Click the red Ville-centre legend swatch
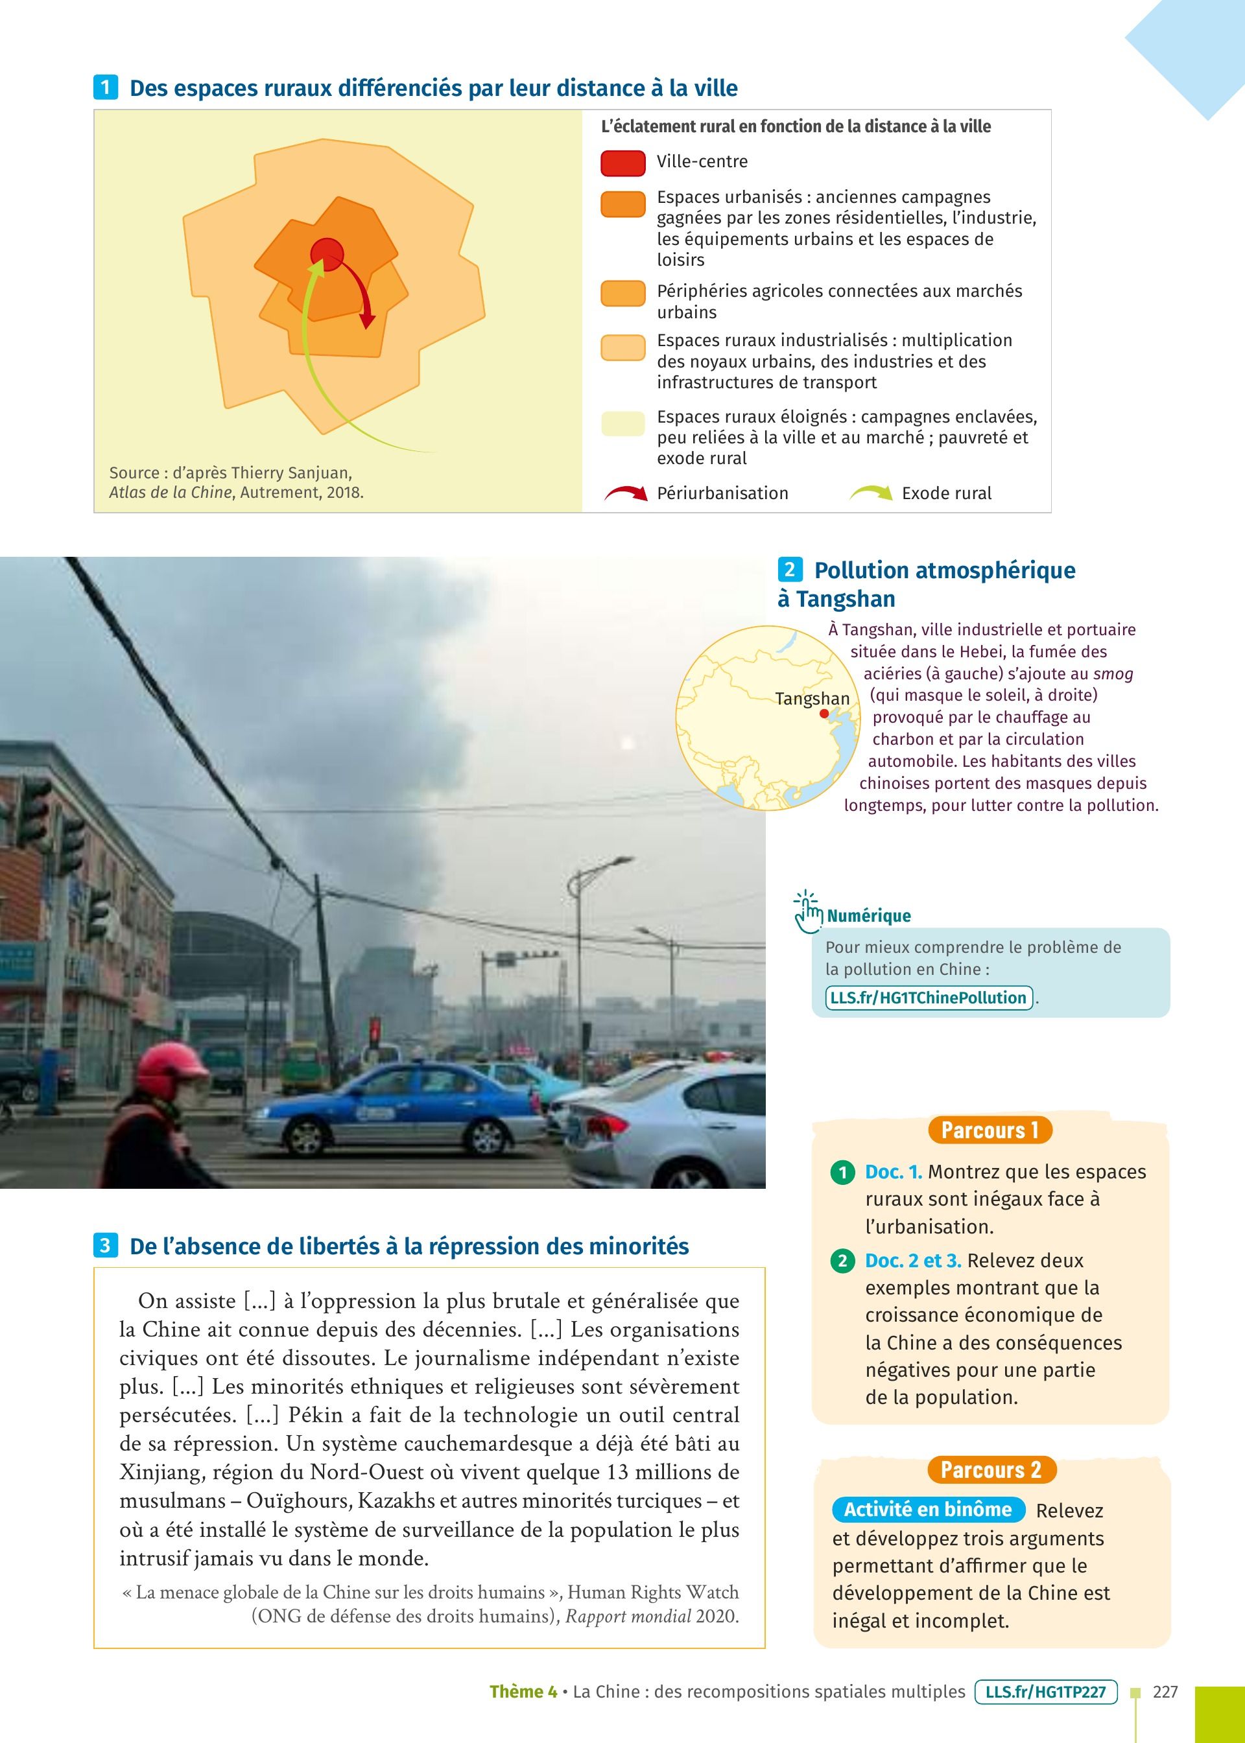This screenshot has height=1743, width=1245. [622, 163]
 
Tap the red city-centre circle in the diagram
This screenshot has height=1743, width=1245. [327, 253]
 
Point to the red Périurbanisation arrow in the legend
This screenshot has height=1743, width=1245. [626, 493]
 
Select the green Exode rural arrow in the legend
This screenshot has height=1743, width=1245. [871, 493]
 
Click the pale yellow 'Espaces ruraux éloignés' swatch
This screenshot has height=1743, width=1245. [622, 423]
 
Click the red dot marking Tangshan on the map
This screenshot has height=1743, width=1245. [824, 713]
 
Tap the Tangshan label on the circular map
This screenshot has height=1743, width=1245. [812, 699]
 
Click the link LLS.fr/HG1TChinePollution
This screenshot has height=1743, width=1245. [929, 998]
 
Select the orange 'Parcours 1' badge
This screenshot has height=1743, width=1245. [989, 1130]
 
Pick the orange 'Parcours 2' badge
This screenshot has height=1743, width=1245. [990, 1469]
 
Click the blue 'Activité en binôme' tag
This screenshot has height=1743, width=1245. [928, 1509]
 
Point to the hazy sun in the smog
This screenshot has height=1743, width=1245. [628, 742]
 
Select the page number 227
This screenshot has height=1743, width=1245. [1165, 1692]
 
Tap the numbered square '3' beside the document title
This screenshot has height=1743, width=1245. [105, 1245]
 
